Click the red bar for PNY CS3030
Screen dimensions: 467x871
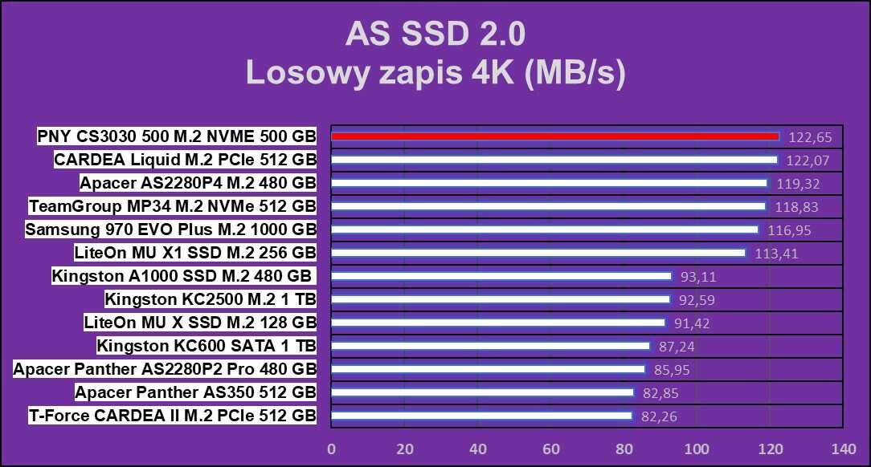[x=554, y=136]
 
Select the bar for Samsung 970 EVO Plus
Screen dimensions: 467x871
[x=545, y=229]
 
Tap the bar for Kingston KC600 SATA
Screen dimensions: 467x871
[x=490, y=346]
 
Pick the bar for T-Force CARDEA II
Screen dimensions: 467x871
[x=481, y=416]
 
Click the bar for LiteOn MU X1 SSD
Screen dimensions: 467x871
[x=538, y=253]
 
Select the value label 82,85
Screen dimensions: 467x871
[x=660, y=393]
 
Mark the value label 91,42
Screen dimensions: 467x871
[x=691, y=323]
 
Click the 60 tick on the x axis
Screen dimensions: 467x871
[x=550, y=448]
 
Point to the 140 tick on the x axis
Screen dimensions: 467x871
[x=843, y=448]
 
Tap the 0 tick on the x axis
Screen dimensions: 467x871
[x=331, y=448]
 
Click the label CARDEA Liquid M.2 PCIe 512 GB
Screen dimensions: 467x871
[x=185, y=160]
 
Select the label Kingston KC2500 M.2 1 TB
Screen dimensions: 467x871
[x=211, y=300]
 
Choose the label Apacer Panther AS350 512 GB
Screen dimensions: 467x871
[x=195, y=392]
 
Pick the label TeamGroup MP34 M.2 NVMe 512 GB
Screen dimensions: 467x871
[x=172, y=206]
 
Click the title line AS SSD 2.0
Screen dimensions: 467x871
[x=435, y=35]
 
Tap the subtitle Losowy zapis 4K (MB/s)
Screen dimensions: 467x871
[x=435, y=72]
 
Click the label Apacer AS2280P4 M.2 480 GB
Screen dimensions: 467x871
[x=198, y=183]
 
